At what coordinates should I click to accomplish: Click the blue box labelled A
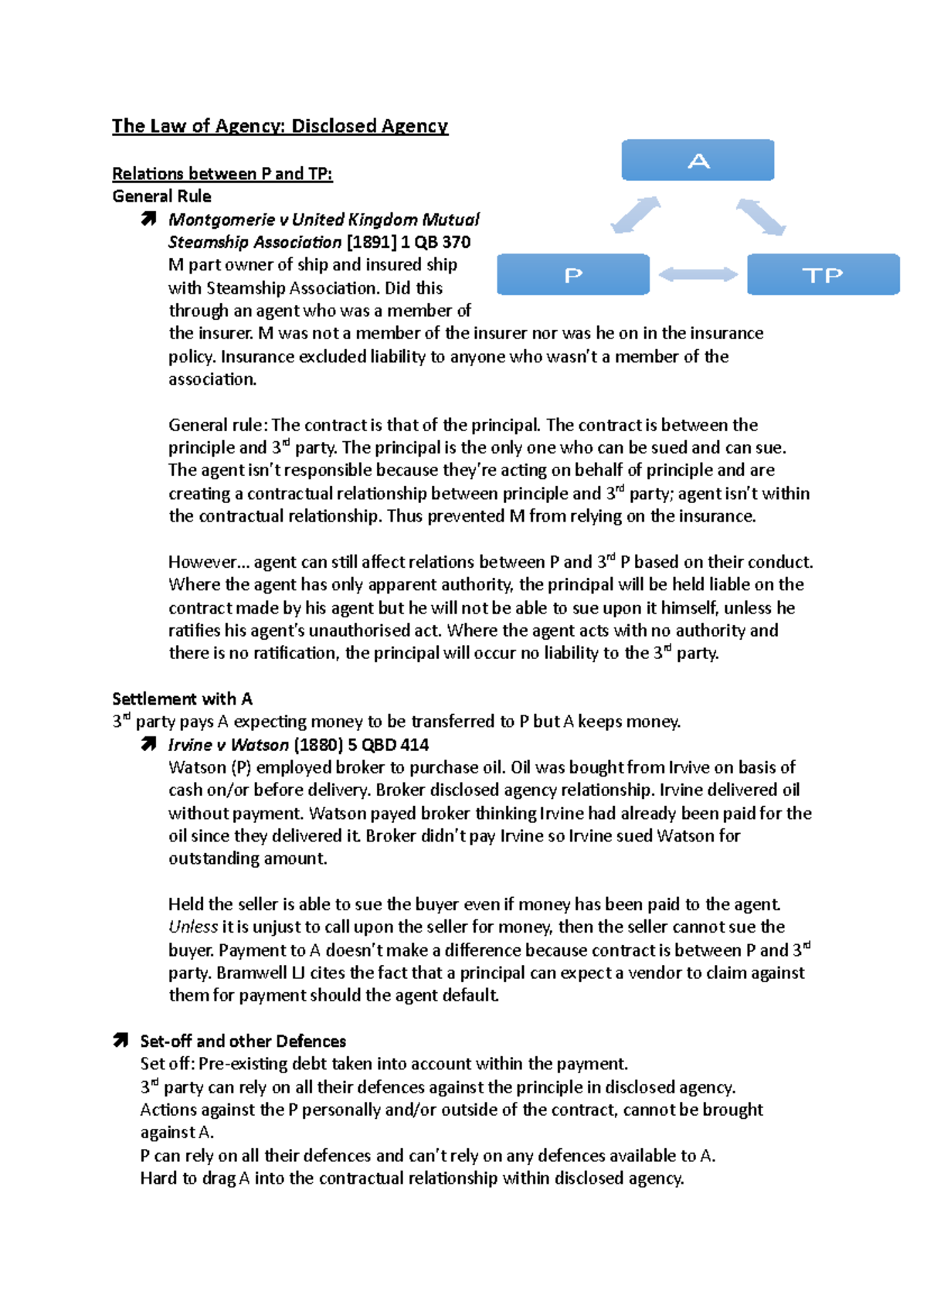pyautogui.click(x=698, y=160)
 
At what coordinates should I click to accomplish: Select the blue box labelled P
pyautogui.click(x=572, y=274)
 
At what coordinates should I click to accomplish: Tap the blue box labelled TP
pyautogui.click(x=823, y=274)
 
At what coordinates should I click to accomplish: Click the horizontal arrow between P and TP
pyautogui.click(x=698, y=274)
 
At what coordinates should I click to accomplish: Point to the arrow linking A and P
pyautogui.click(x=635, y=215)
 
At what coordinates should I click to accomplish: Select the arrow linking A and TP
pyautogui.click(x=761, y=216)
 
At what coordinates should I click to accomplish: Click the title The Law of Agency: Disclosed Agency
pyautogui.click(x=280, y=126)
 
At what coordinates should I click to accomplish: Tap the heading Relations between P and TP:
pyautogui.click(x=222, y=174)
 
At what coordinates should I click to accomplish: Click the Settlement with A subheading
pyautogui.click(x=182, y=698)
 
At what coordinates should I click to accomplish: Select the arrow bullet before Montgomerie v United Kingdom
pyautogui.click(x=148, y=219)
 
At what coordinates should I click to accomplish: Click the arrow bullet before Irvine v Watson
pyautogui.click(x=148, y=745)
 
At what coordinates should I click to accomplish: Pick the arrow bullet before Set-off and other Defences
pyautogui.click(x=121, y=1041)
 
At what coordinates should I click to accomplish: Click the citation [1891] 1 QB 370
pyautogui.click(x=409, y=243)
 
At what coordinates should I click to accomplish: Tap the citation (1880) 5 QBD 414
pyautogui.click(x=361, y=745)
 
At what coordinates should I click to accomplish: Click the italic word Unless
pyautogui.click(x=192, y=927)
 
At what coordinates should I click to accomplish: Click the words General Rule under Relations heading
pyautogui.click(x=161, y=196)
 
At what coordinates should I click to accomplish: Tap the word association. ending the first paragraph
pyautogui.click(x=212, y=379)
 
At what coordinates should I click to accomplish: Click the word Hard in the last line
pyautogui.click(x=158, y=1178)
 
